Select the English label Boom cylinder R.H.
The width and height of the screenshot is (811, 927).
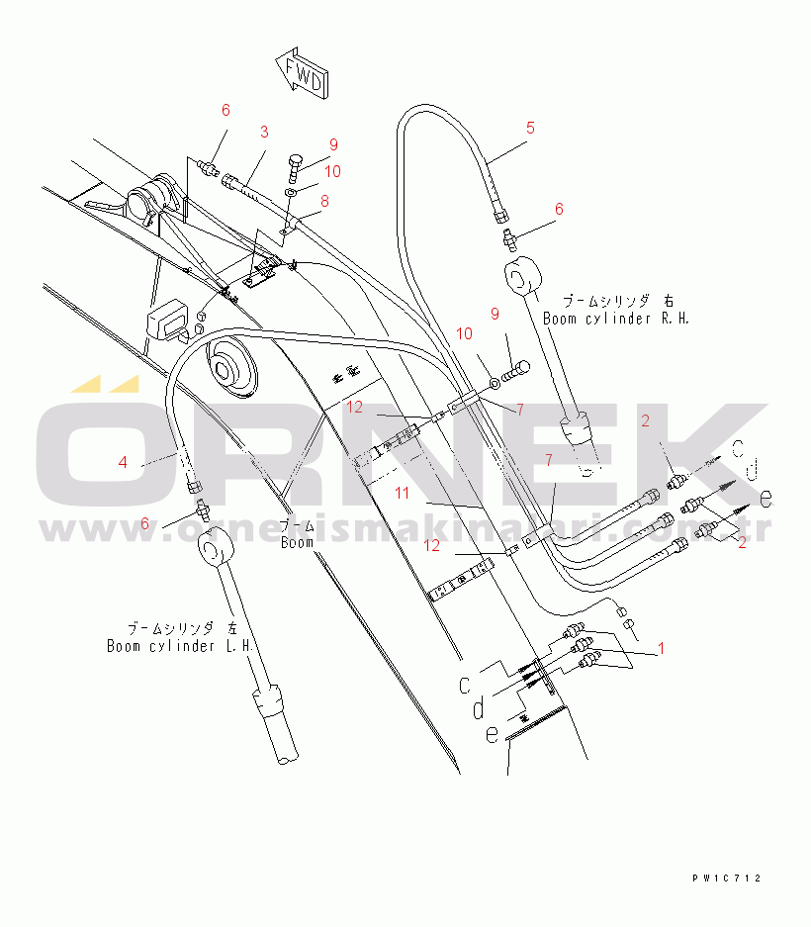tap(615, 319)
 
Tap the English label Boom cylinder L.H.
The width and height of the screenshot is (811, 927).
tap(182, 646)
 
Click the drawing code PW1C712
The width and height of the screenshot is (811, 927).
tap(727, 878)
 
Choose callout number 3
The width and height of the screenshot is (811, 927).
tap(264, 131)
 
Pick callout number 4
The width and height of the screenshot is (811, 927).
tap(123, 461)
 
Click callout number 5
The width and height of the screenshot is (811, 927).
tap(530, 127)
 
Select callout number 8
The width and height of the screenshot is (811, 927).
tap(323, 200)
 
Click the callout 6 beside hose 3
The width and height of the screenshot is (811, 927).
tap(225, 109)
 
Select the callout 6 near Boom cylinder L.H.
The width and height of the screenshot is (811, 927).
tap(144, 523)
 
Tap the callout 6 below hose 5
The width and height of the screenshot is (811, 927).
tap(559, 209)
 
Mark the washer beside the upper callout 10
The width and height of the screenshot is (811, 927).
tap(291, 191)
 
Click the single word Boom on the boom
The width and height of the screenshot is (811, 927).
tap(297, 542)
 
